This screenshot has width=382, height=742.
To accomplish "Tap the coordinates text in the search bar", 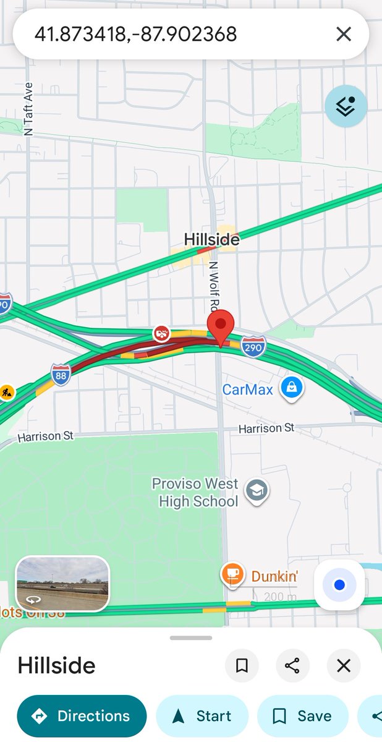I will point(135,34).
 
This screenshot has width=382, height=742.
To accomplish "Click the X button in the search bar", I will point(344,34).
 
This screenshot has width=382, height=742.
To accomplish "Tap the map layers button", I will point(346,106).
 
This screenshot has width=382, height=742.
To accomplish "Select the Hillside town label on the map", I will point(211,239).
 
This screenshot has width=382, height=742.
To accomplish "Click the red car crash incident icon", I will point(162,334).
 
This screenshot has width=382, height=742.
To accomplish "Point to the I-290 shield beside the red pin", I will point(253,347).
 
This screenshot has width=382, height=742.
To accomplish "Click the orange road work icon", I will point(6,392).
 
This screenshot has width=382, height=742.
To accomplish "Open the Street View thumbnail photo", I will point(62,584).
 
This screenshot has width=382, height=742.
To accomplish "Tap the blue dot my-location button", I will point(339,584).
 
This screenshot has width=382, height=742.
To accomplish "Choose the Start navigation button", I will point(202,716).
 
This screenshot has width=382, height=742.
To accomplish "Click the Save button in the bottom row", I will point(302,716).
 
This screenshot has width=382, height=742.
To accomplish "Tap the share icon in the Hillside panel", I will point(292,665).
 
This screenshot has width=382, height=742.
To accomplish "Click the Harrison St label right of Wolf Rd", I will point(266,428).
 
